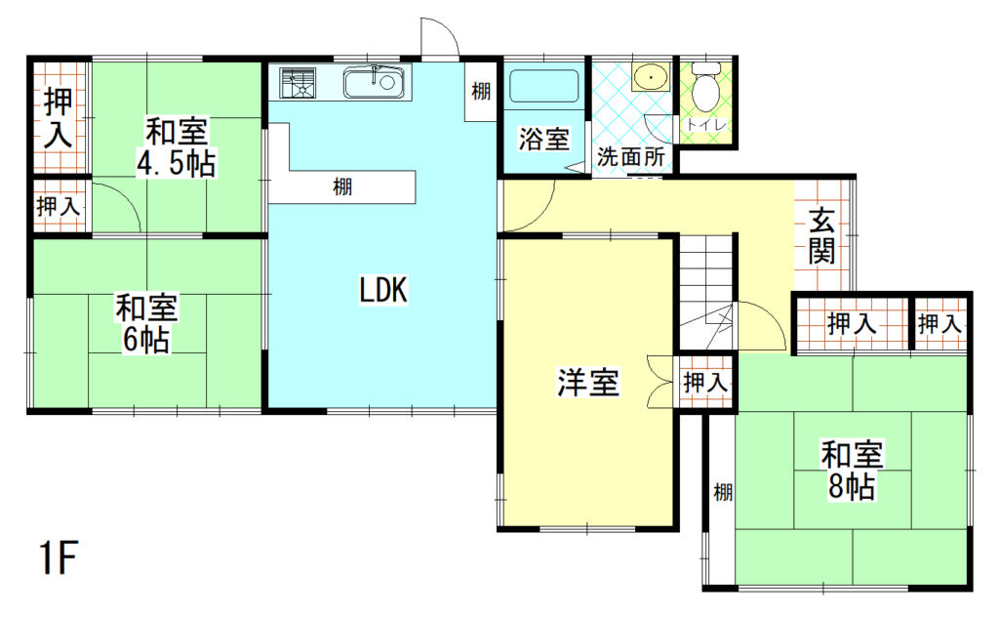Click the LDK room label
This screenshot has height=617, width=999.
(382, 289)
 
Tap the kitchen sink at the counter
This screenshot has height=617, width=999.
(375, 81)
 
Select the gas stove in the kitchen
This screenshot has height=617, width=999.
(298, 81)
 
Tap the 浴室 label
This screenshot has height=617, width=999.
(543, 139)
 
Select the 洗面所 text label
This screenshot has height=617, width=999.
(630, 156)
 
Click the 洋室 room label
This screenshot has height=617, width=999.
(588, 383)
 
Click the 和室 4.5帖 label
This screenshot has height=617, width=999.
(177, 145)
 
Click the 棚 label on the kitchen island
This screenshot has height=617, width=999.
(341, 186)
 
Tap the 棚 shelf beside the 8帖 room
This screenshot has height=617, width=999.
(721, 493)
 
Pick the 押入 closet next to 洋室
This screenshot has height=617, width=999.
(704, 383)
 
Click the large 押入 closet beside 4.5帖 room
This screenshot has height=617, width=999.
(58, 117)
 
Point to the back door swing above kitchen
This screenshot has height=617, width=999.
(439, 37)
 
